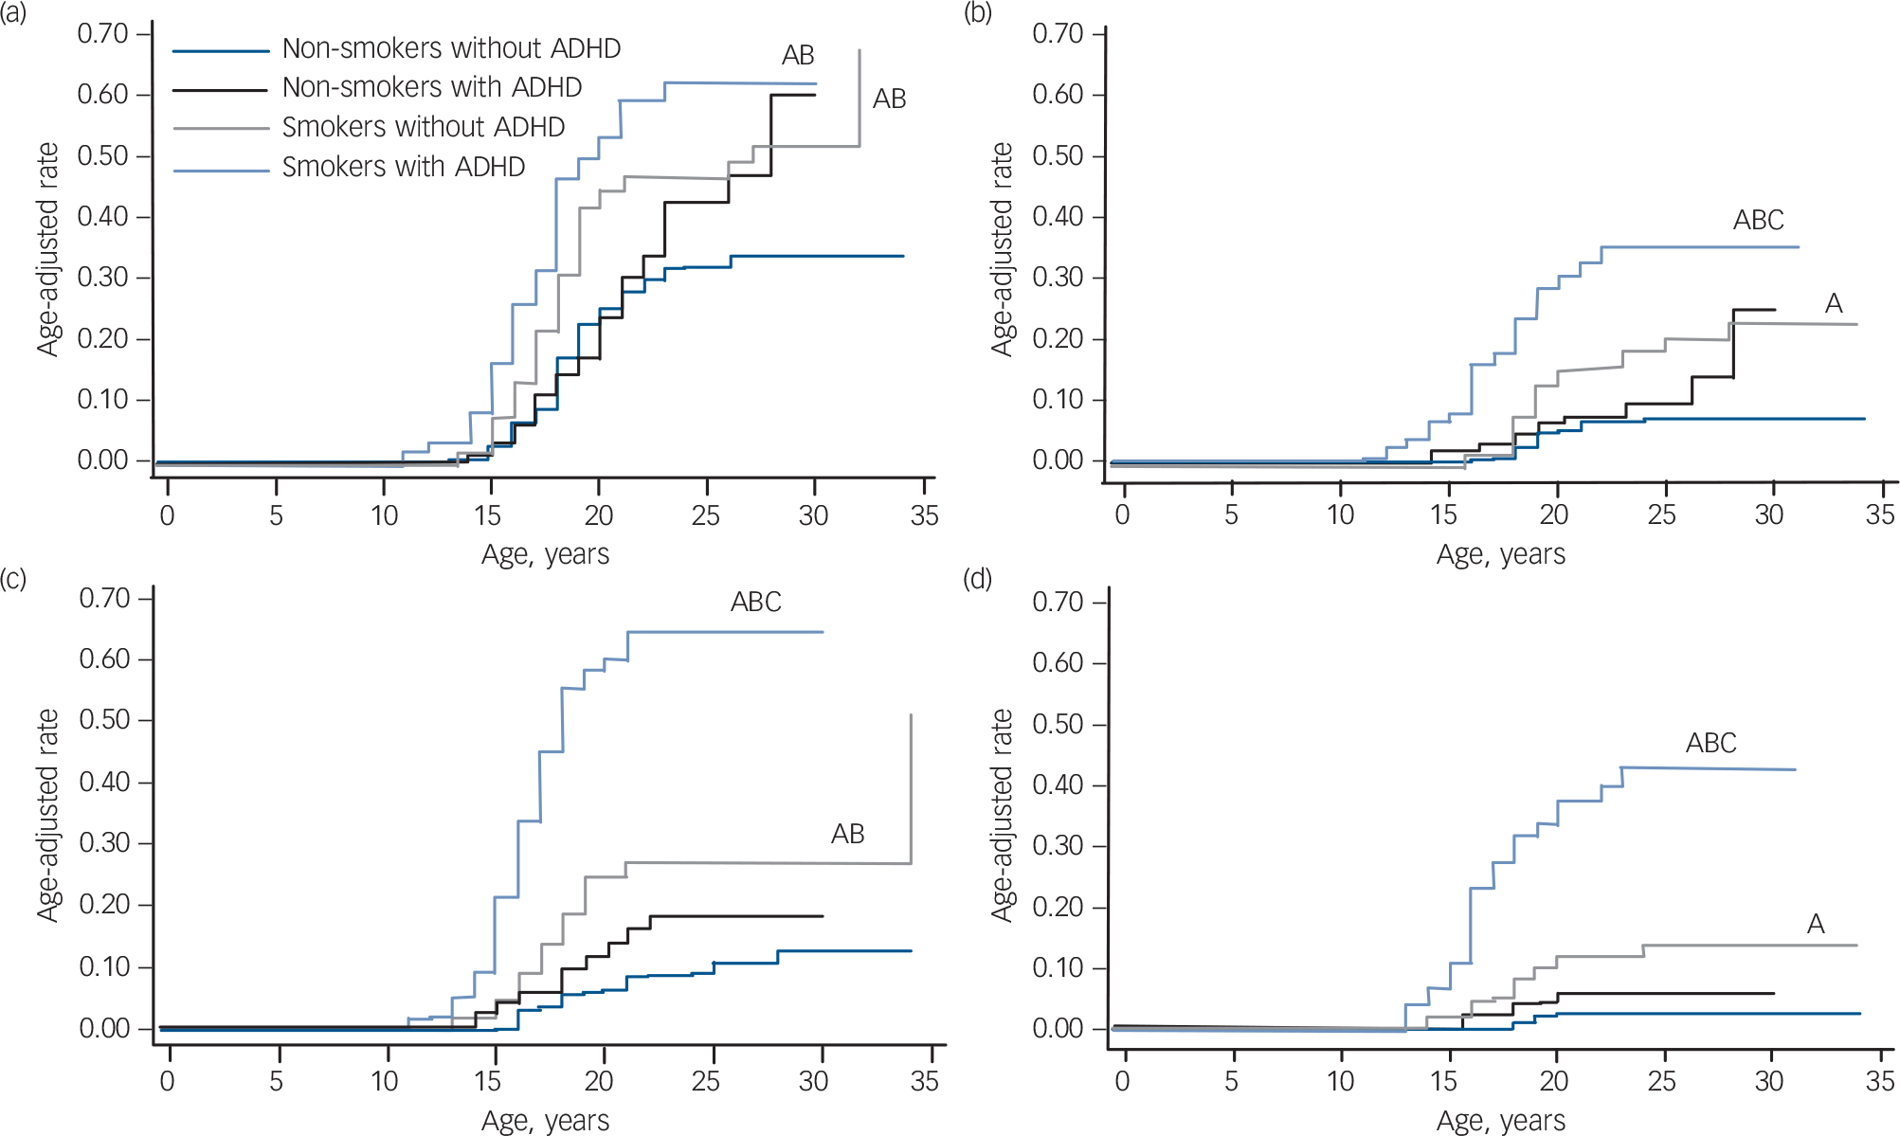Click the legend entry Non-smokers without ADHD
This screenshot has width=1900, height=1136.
[451, 48]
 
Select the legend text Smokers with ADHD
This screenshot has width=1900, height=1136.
[403, 167]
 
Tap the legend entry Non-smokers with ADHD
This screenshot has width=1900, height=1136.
[431, 87]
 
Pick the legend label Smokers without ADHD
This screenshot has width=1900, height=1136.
[423, 127]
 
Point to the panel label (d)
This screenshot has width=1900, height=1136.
[977, 578]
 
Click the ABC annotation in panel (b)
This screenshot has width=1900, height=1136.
[1758, 220]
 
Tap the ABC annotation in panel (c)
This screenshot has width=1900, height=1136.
[755, 602]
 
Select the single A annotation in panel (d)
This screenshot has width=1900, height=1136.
[1815, 924]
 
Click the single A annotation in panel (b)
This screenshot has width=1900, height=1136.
[1834, 303]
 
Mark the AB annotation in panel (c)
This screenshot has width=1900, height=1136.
[847, 834]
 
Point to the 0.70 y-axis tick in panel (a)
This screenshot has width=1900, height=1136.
[102, 34]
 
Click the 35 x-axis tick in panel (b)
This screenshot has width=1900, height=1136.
[1880, 514]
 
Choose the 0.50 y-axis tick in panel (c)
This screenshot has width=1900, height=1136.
[104, 720]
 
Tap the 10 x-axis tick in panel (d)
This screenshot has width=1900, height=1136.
[1340, 1080]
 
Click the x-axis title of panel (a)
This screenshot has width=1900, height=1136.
[545, 554]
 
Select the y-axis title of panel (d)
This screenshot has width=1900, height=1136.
[1002, 815]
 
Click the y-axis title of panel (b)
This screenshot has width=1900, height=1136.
[1002, 249]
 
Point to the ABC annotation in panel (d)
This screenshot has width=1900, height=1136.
[1710, 743]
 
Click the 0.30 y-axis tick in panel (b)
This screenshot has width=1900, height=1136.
[1058, 278]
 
